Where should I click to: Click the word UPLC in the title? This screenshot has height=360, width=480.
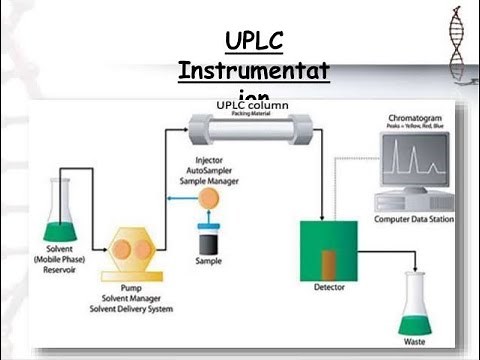[253, 41]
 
